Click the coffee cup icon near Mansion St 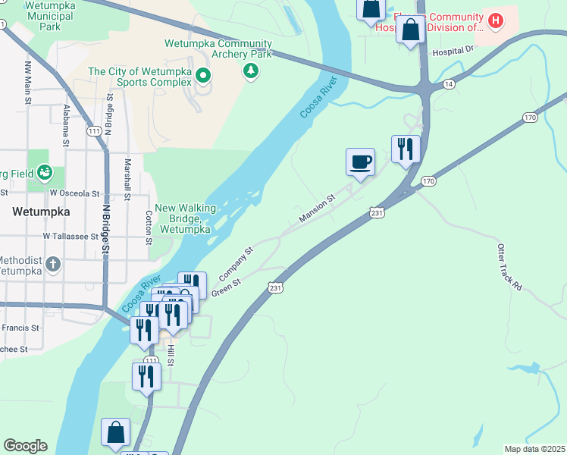[x=361, y=161]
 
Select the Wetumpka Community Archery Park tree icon [x=251, y=71]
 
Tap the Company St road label [x=237, y=260]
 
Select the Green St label [x=226, y=287]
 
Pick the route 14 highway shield [x=450, y=84]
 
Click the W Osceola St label [x=75, y=193]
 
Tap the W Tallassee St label [x=71, y=236]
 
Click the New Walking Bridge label [x=186, y=218]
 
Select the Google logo [x=25, y=446]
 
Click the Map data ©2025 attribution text [x=534, y=449]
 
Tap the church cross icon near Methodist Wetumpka [x=52, y=265]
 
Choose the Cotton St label [x=149, y=221]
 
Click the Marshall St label [x=128, y=179]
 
